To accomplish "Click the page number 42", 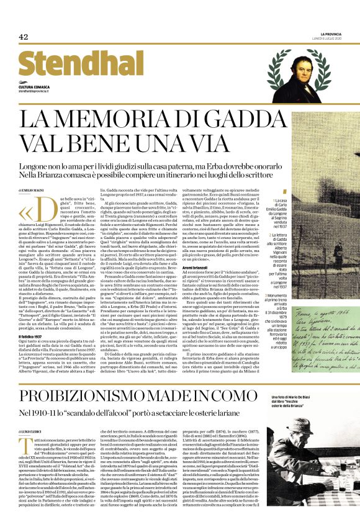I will click(24, 37).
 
